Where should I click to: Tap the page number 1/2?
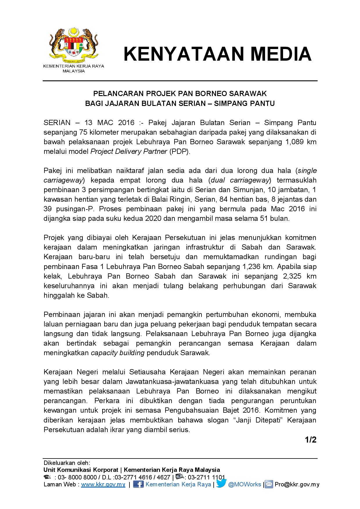[310, 440]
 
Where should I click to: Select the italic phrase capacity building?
[118, 353]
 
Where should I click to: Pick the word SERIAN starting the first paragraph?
[57, 123]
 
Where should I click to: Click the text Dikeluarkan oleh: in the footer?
[67, 463]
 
